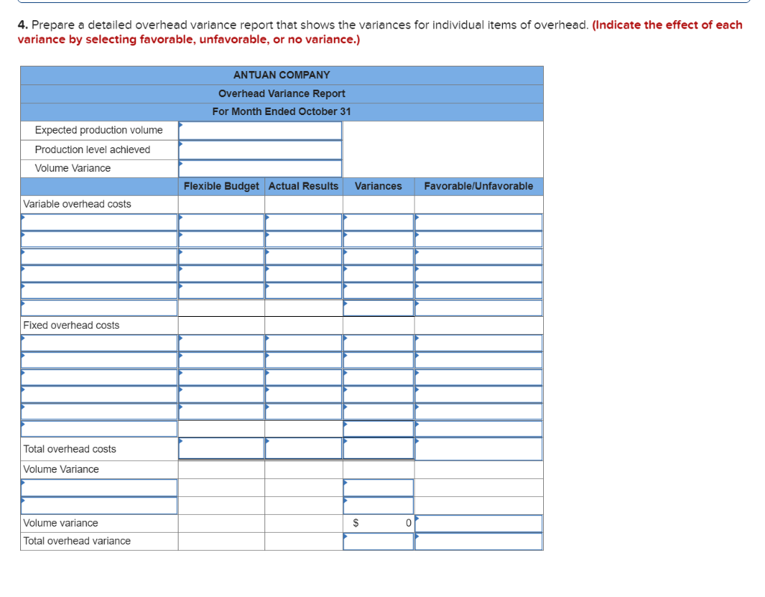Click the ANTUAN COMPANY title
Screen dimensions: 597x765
[x=282, y=75]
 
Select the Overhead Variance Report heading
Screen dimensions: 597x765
[x=282, y=93]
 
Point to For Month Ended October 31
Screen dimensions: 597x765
[x=282, y=111]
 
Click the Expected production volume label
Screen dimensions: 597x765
[x=99, y=130]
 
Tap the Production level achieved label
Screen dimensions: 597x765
[x=93, y=149]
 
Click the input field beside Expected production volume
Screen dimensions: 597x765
[x=260, y=130]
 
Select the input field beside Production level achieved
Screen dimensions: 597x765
[x=260, y=149]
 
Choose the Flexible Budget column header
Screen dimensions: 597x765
[x=221, y=186]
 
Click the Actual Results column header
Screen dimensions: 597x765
[x=303, y=186]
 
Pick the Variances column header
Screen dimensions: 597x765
[x=378, y=186]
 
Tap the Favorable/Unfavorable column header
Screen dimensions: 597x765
[x=479, y=186]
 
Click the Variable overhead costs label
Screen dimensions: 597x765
[x=77, y=204]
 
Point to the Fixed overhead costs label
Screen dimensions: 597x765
[x=72, y=325]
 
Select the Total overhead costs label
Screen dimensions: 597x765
[x=69, y=449]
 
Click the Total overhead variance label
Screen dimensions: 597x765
[x=77, y=541]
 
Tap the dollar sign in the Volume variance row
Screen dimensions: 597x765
[x=356, y=523]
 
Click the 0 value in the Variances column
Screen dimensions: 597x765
[x=408, y=523]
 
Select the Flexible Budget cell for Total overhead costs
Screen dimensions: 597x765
[x=221, y=448]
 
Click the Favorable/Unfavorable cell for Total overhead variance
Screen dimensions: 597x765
[x=479, y=541]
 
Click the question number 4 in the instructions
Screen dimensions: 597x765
[x=21, y=25]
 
